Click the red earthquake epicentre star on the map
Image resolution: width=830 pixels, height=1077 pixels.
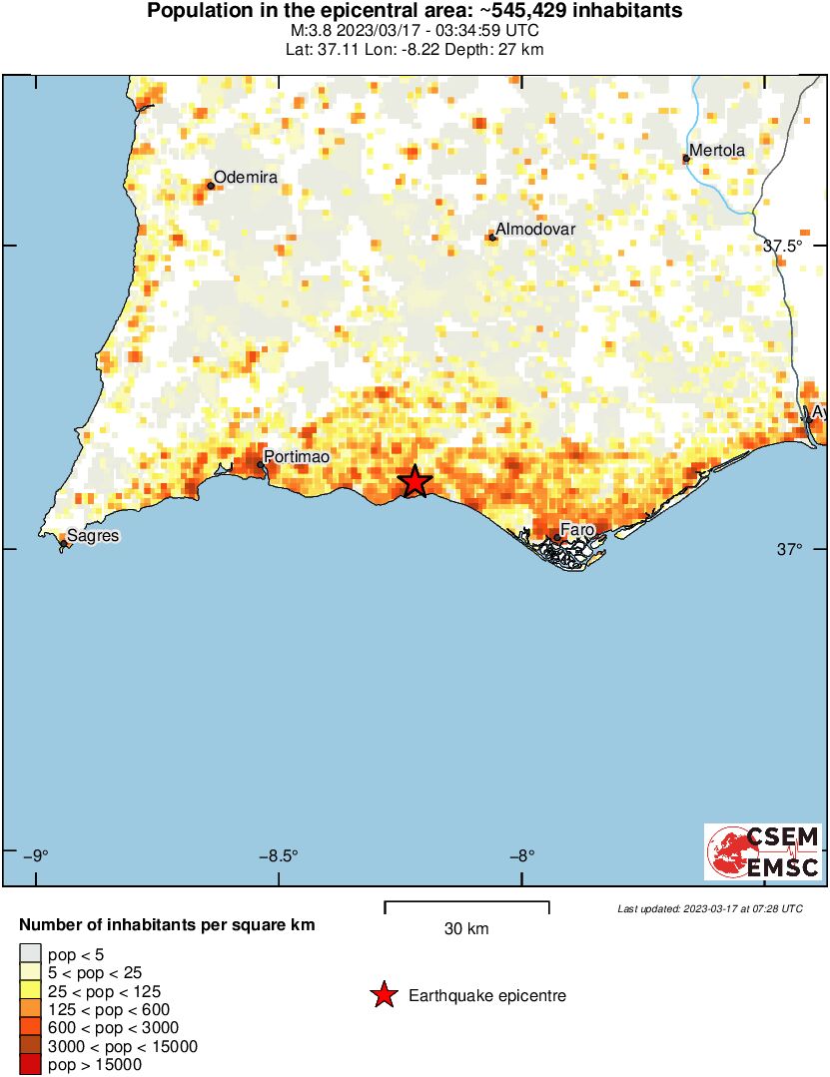tap(415, 481)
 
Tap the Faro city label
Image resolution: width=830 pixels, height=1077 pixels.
tap(577, 529)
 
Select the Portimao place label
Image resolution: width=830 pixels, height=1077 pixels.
tap(298, 456)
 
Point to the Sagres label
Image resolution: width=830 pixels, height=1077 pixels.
tap(93, 536)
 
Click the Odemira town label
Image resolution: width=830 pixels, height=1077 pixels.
tap(246, 178)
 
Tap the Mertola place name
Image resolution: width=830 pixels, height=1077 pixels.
tap(717, 151)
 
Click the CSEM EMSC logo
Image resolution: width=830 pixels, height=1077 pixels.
tap(763, 851)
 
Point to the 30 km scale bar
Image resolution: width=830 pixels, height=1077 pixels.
tap(466, 907)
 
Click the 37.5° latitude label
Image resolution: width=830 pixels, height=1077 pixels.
tap(782, 247)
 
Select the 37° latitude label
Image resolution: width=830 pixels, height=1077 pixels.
tap(789, 550)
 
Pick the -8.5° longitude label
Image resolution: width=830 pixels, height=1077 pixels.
tap(280, 855)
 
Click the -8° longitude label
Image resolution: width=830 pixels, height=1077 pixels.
tap(522, 855)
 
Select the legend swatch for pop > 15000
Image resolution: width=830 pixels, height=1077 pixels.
tap(30, 1065)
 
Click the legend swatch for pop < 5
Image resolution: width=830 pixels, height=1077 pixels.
tap(30, 953)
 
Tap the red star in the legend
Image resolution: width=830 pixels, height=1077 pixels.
tap(383, 995)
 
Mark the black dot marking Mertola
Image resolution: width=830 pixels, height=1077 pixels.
tap(686, 159)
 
